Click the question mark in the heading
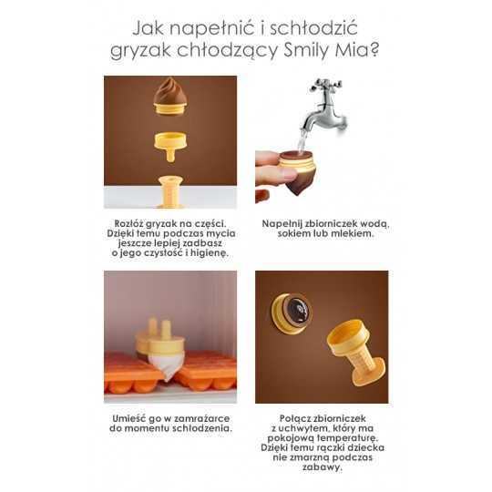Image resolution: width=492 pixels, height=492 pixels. tap(374, 49)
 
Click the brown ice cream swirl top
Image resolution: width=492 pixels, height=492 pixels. tap(170, 91)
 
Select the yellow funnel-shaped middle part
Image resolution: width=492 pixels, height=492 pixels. tap(170, 146)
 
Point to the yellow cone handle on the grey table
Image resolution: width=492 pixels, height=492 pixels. tap(170, 191)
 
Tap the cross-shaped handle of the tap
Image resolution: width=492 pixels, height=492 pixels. tap(325, 85)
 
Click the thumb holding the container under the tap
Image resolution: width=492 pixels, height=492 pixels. tap(275, 172)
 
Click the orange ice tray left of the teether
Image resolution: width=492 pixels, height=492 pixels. tap(131, 371)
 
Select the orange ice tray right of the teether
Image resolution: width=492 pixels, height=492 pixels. tap(206, 370)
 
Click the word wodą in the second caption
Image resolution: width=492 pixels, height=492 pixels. tap(374, 224)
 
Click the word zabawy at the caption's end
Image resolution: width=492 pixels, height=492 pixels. tap(323, 467)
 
